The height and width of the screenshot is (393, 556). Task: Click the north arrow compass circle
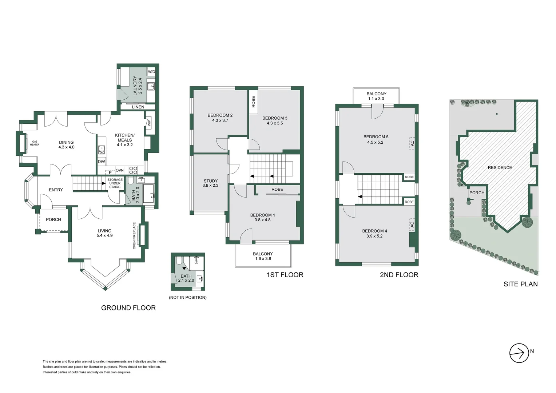519,353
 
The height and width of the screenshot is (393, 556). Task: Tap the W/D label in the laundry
151,72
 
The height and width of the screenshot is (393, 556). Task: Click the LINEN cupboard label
138,107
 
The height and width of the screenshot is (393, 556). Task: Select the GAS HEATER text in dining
35,143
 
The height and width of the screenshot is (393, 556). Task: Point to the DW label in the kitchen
101,162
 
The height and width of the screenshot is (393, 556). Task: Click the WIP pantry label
149,123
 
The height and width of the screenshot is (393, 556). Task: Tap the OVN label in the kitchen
119,170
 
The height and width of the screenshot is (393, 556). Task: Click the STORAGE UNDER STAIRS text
115,183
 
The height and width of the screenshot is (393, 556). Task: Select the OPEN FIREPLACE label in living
134,236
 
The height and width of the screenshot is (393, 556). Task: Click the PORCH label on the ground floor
53,219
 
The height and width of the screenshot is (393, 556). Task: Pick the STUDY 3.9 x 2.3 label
210,183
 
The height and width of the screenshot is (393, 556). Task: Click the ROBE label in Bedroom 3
254,102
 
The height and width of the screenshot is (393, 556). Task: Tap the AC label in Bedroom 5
412,143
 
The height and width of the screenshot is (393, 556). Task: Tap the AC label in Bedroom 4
412,225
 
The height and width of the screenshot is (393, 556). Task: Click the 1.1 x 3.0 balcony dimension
376,99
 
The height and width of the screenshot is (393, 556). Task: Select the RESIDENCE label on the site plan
500,168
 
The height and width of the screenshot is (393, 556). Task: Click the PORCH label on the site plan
477,193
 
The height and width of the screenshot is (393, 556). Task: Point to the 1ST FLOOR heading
285,275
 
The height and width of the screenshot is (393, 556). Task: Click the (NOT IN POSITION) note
187,297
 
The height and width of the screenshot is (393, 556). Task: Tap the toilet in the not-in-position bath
179,261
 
